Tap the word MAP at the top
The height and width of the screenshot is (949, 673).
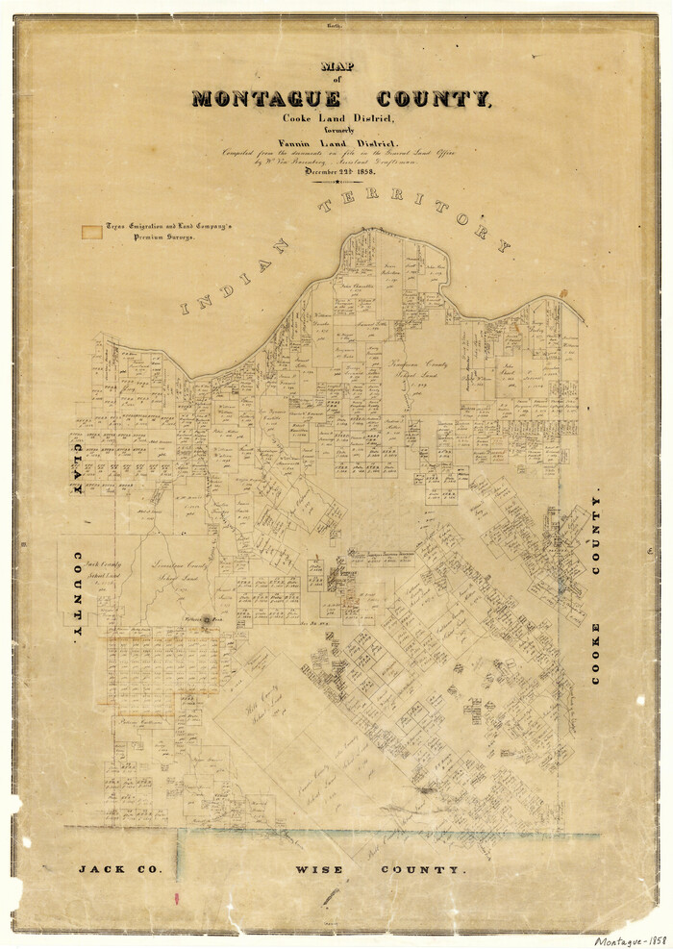point(337,68)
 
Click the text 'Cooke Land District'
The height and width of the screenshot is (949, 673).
point(337,118)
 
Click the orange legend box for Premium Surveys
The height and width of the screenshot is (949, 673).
point(91,231)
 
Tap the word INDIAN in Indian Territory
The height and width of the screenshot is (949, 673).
point(234,278)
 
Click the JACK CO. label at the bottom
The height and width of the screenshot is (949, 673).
point(120,869)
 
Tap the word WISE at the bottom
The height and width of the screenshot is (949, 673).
point(320,869)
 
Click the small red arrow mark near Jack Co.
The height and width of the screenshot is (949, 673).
point(176,899)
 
